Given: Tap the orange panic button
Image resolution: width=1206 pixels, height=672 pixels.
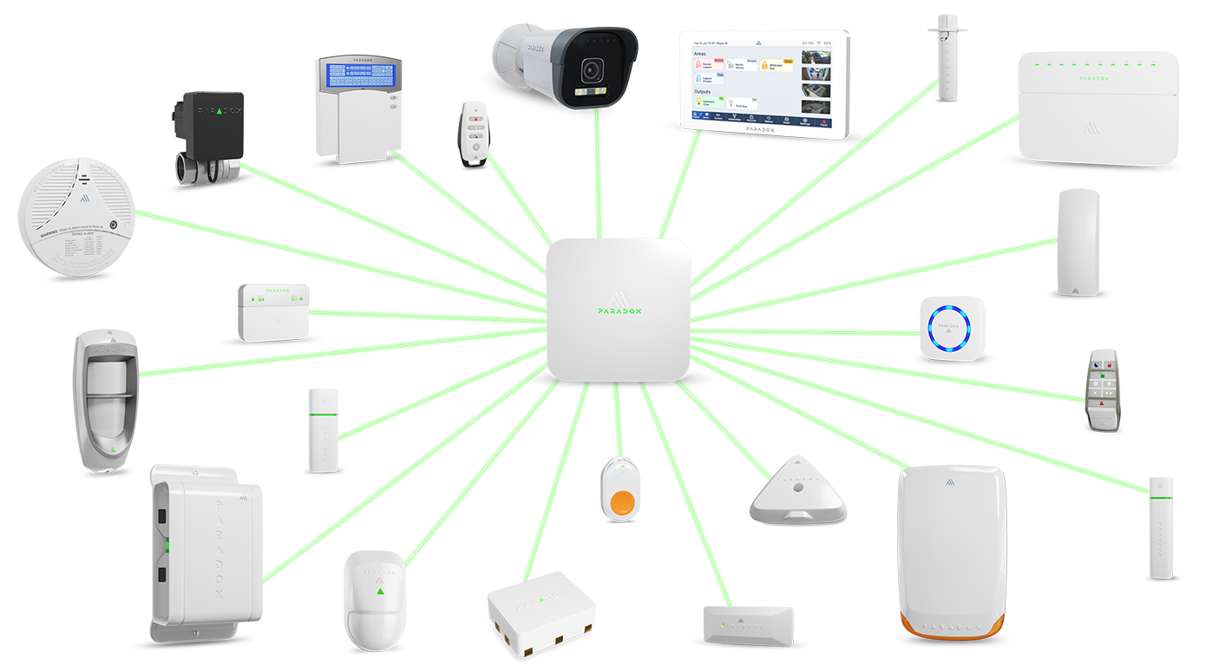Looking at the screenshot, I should pos(623,501).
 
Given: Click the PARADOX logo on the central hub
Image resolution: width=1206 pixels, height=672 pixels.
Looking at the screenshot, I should pos(619,308).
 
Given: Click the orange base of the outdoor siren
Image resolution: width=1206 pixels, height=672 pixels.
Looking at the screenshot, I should pos(953,623).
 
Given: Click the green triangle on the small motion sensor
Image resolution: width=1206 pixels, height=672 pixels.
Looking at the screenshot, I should pos(380,592).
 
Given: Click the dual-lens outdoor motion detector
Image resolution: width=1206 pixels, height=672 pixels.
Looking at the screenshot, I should pos(109,400).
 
